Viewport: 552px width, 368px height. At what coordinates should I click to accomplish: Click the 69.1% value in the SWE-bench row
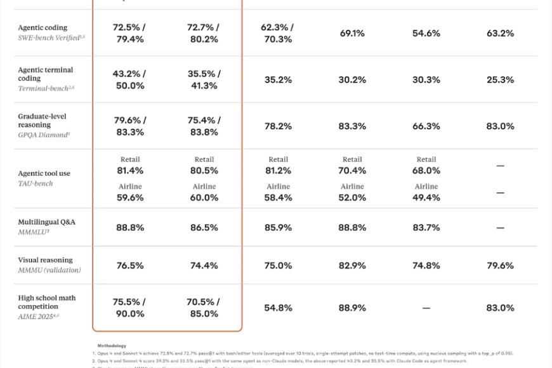pos(352,33)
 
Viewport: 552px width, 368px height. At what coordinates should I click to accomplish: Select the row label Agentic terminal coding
pos(46,74)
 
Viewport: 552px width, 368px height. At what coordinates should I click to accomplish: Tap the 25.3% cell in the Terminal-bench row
pos(500,79)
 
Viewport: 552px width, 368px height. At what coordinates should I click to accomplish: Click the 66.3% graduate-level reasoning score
pos(426,126)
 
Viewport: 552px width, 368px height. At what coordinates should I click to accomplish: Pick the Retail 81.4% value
pos(129,171)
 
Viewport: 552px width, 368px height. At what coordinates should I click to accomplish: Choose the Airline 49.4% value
pos(426,197)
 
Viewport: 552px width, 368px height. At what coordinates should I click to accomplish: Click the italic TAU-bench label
pos(36,183)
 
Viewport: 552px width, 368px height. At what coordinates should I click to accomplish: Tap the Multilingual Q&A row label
pos(46,222)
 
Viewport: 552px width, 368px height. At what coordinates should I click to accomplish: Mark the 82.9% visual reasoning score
pos(352,265)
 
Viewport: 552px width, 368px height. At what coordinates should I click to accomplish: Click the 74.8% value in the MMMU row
pos(426,265)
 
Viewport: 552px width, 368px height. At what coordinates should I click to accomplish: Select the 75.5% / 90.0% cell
pos(129,308)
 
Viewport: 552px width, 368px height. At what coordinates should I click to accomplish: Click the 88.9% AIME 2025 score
pos(352,308)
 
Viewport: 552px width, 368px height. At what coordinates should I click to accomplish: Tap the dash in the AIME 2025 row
pos(426,308)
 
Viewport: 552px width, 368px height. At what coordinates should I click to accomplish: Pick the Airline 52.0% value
pos(352,197)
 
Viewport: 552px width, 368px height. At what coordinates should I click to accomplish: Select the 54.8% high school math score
pos(278,308)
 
